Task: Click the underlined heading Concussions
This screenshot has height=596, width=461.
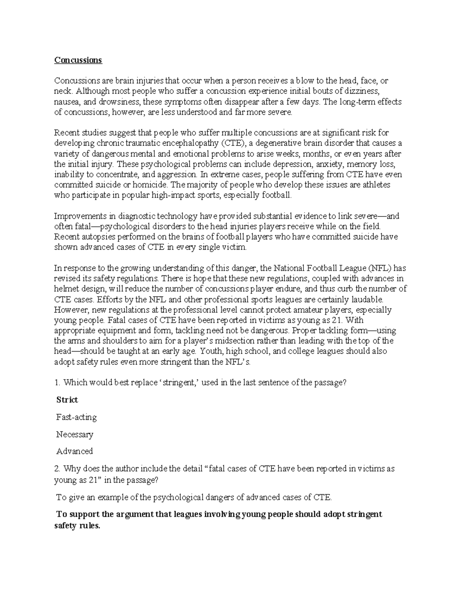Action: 78,60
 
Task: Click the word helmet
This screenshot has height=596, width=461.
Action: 66,289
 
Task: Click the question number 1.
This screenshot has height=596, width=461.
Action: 57,383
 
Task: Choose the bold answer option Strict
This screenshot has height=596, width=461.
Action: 67,400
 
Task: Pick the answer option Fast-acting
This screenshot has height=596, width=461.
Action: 76,417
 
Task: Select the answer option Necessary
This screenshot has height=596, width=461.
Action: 75,434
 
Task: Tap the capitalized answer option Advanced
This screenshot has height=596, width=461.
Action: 75,451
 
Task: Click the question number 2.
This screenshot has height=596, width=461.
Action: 57,469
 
